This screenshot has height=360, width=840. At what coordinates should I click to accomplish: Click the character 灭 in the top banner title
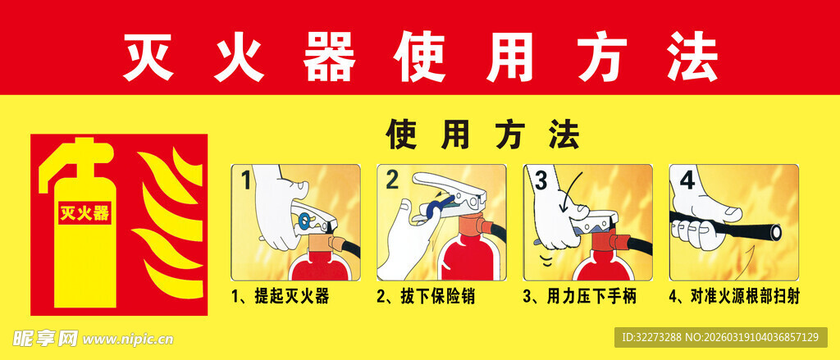[x=148, y=57]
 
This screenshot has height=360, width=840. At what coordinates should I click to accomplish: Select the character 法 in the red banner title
[x=691, y=57]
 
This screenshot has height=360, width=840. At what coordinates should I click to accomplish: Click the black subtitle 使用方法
[x=483, y=135]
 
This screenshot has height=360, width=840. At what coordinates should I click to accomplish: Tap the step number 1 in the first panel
[x=244, y=180]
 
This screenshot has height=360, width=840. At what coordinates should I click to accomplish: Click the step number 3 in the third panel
[x=540, y=180]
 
